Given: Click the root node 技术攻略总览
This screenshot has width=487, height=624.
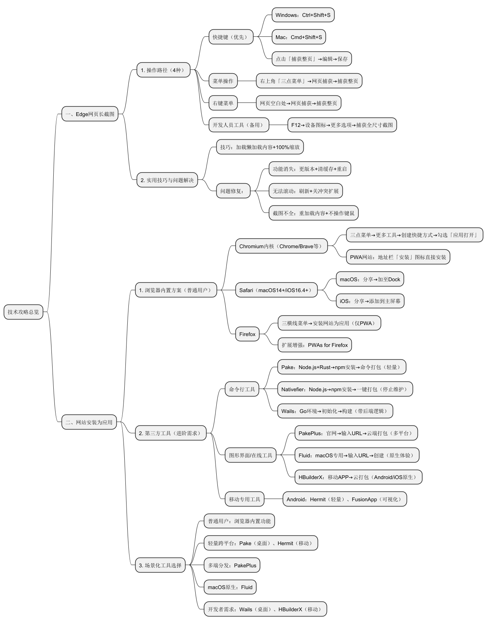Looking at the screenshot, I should (x=23, y=312).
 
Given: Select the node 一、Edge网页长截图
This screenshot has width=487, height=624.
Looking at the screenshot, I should (x=90, y=114).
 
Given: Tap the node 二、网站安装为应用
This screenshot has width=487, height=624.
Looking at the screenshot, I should (x=89, y=422).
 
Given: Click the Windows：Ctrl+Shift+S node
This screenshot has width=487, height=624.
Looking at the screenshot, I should (x=303, y=15).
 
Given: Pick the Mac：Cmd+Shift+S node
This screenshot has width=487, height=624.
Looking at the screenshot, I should (x=299, y=37).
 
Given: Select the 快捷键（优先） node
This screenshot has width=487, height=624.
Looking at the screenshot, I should (x=231, y=37).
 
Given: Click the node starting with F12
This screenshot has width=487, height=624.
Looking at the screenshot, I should (x=342, y=125).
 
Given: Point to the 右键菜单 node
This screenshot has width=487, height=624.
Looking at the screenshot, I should (x=223, y=103).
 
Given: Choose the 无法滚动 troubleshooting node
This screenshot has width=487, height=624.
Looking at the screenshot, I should (x=306, y=191).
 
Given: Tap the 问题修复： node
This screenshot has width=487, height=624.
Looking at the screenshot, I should (x=233, y=191).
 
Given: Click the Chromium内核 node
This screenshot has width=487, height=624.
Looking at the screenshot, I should (x=281, y=246).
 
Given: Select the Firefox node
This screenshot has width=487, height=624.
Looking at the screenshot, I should (x=247, y=334).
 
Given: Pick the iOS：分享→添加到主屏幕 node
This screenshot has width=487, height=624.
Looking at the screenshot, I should (x=370, y=301).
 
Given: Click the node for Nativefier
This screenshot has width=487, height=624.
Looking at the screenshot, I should (x=345, y=389).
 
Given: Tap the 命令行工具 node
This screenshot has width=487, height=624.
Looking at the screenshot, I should (x=242, y=389).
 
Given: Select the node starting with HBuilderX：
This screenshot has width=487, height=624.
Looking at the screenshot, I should (x=358, y=477).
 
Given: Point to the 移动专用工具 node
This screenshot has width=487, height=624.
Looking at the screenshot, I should (x=244, y=499).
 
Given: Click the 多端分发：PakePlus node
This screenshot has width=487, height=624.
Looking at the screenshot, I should (x=232, y=565).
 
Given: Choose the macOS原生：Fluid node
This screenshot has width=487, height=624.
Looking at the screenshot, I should (x=230, y=587).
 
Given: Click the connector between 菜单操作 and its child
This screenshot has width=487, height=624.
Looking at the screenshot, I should (x=247, y=81).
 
